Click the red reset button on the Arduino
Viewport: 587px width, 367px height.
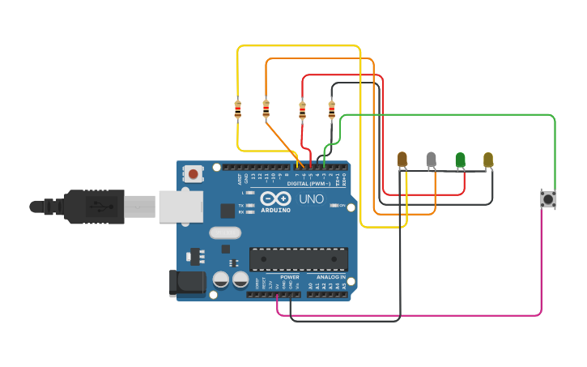pos(194,173)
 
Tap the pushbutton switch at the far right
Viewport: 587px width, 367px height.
pos(548,198)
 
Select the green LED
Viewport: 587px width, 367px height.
pos(461,160)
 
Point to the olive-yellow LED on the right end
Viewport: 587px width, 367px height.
pos(488,160)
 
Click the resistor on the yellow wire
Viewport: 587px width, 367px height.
pos(237,109)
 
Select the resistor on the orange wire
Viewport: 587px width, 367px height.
pos(266,109)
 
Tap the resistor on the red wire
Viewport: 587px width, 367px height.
pos(303,109)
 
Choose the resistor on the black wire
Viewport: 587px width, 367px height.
pos(331,109)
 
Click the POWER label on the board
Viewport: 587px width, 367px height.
pos(289,277)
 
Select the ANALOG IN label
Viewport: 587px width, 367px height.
pos(331,277)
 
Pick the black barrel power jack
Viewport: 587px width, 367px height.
pos(185,283)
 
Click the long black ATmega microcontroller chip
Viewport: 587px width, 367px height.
pos(299,258)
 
